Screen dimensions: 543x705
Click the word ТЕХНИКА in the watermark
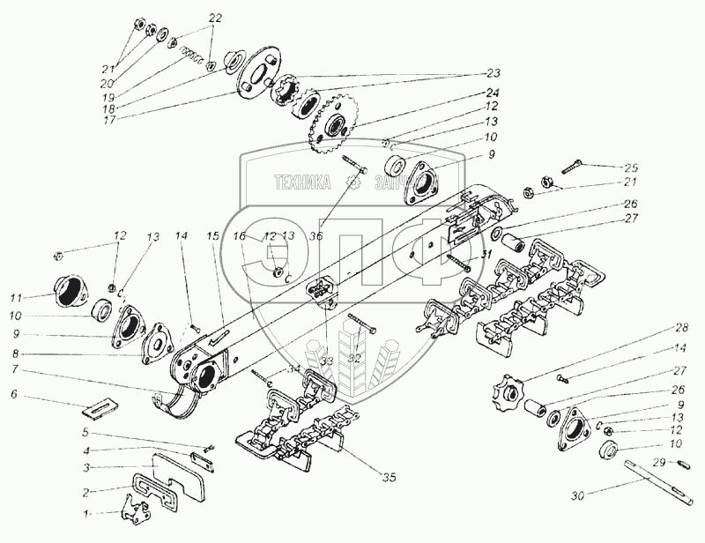301,182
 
